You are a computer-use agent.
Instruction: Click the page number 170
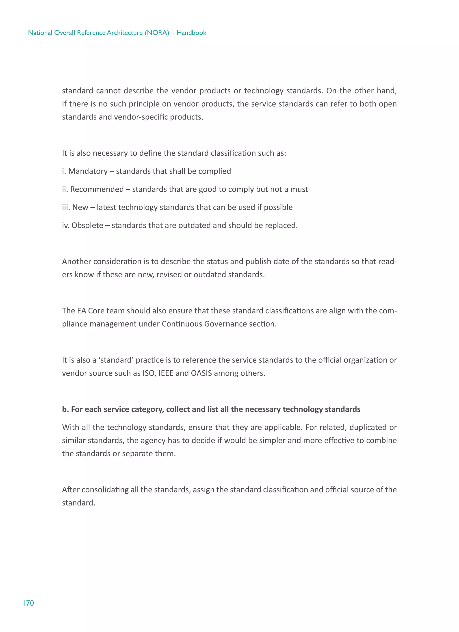tap(28, 603)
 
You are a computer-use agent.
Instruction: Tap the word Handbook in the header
tap(191, 33)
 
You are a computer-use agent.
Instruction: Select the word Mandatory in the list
tap(88, 171)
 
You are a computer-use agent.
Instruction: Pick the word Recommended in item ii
tap(97, 189)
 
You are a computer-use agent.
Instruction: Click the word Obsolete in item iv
tap(87, 225)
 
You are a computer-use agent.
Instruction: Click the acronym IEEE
tap(166, 373)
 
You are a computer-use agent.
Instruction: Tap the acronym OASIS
tap(201, 373)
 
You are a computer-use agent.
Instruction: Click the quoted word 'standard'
tap(116, 360)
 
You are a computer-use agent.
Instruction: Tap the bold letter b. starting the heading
tap(65, 409)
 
